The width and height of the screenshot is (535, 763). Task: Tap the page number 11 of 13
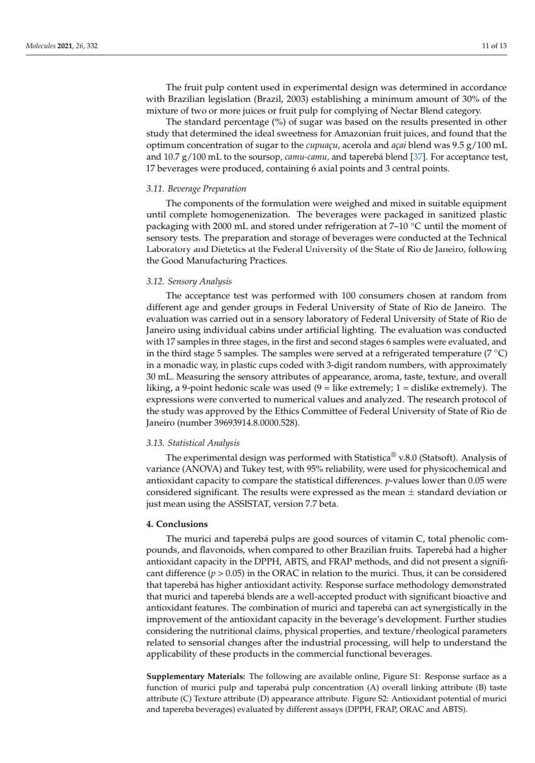click(x=494, y=47)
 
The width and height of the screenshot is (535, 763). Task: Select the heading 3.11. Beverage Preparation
click(x=196, y=189)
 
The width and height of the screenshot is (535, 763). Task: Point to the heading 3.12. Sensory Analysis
click(x=189, y=281)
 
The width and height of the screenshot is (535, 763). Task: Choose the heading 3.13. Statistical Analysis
click(x=193, y=443)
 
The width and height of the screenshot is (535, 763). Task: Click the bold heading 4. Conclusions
click(x=177, y=524)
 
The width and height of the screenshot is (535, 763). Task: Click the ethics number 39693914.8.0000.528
click(x=238, y=422)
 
